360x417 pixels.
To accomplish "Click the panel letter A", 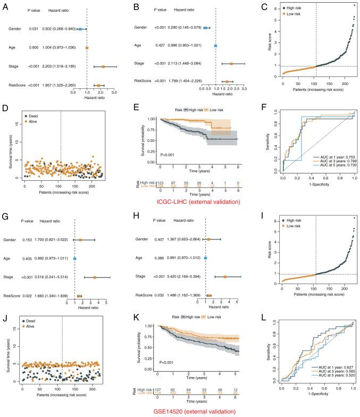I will coord(4,6).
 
